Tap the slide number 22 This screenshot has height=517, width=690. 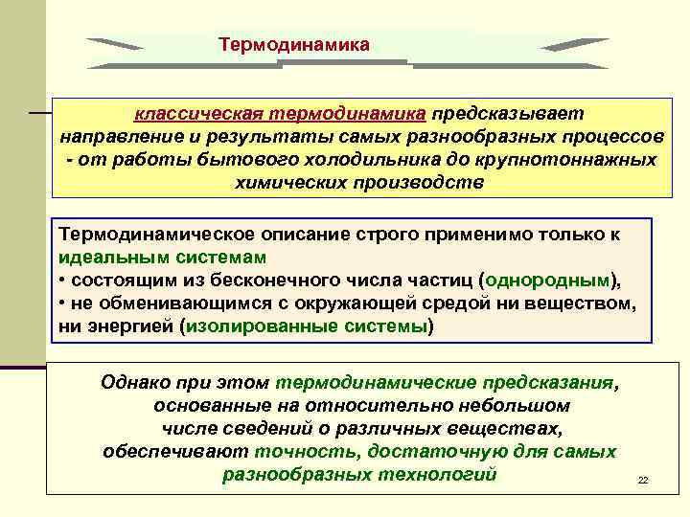[x=643, y=480]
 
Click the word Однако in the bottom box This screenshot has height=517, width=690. [x=134, y=382]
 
